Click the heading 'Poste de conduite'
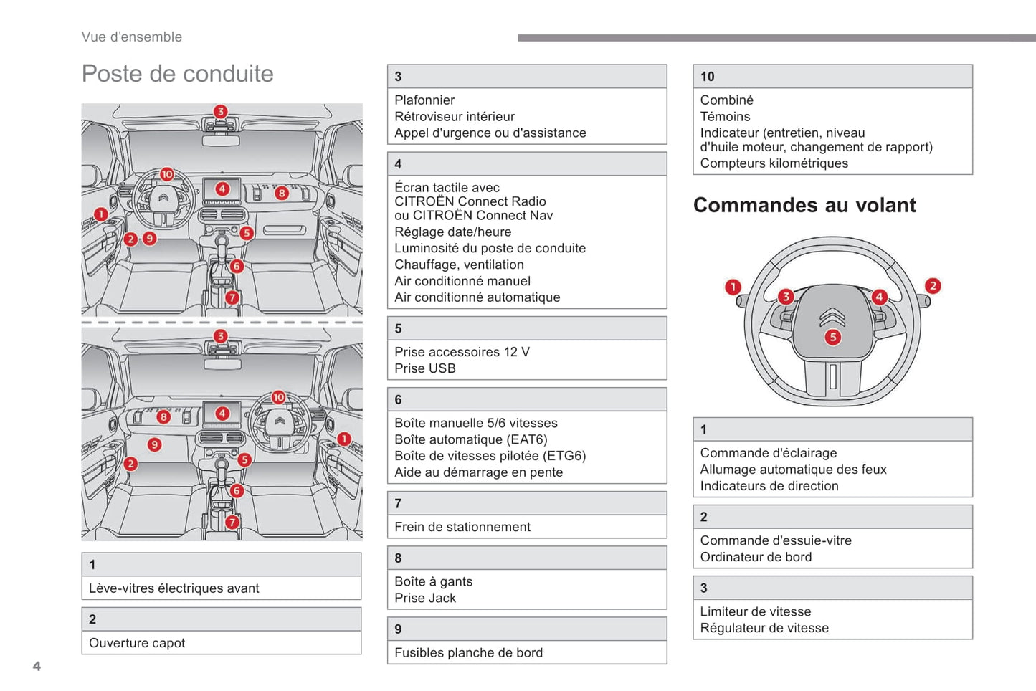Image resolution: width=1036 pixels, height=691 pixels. click(177, 74)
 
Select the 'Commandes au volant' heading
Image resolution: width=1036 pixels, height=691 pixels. click(804, 205)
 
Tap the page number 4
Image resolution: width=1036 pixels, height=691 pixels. click(37, 666)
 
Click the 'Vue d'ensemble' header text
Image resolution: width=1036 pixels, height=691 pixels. click(132, 37)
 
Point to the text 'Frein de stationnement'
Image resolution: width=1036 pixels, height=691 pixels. click(462, 527)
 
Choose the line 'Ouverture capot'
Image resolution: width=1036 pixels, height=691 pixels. click(137, 643)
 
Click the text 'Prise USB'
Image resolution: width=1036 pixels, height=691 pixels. click(425, 368)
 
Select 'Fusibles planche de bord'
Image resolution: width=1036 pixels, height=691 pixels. click(468, 652)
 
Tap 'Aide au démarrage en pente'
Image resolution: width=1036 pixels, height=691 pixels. click(478, 472)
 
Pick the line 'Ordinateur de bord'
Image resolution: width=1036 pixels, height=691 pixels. click(756, 557)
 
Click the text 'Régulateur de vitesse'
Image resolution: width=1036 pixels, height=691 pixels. click(764, 628)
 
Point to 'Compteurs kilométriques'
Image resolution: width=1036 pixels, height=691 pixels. click(774, 163)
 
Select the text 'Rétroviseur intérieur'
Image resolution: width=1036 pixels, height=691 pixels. click(455, 117)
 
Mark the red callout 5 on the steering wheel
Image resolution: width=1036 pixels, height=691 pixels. click(832, 337)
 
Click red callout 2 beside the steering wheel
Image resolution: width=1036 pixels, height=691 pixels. click(932, 286)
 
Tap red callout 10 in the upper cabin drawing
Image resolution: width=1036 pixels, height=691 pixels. click(167, 174)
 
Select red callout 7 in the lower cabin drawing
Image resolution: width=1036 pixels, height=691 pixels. click(232, 522)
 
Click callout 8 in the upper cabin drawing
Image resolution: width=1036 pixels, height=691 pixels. click(282, 193)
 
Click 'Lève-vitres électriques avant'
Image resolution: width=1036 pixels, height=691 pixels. click(174, 588)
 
